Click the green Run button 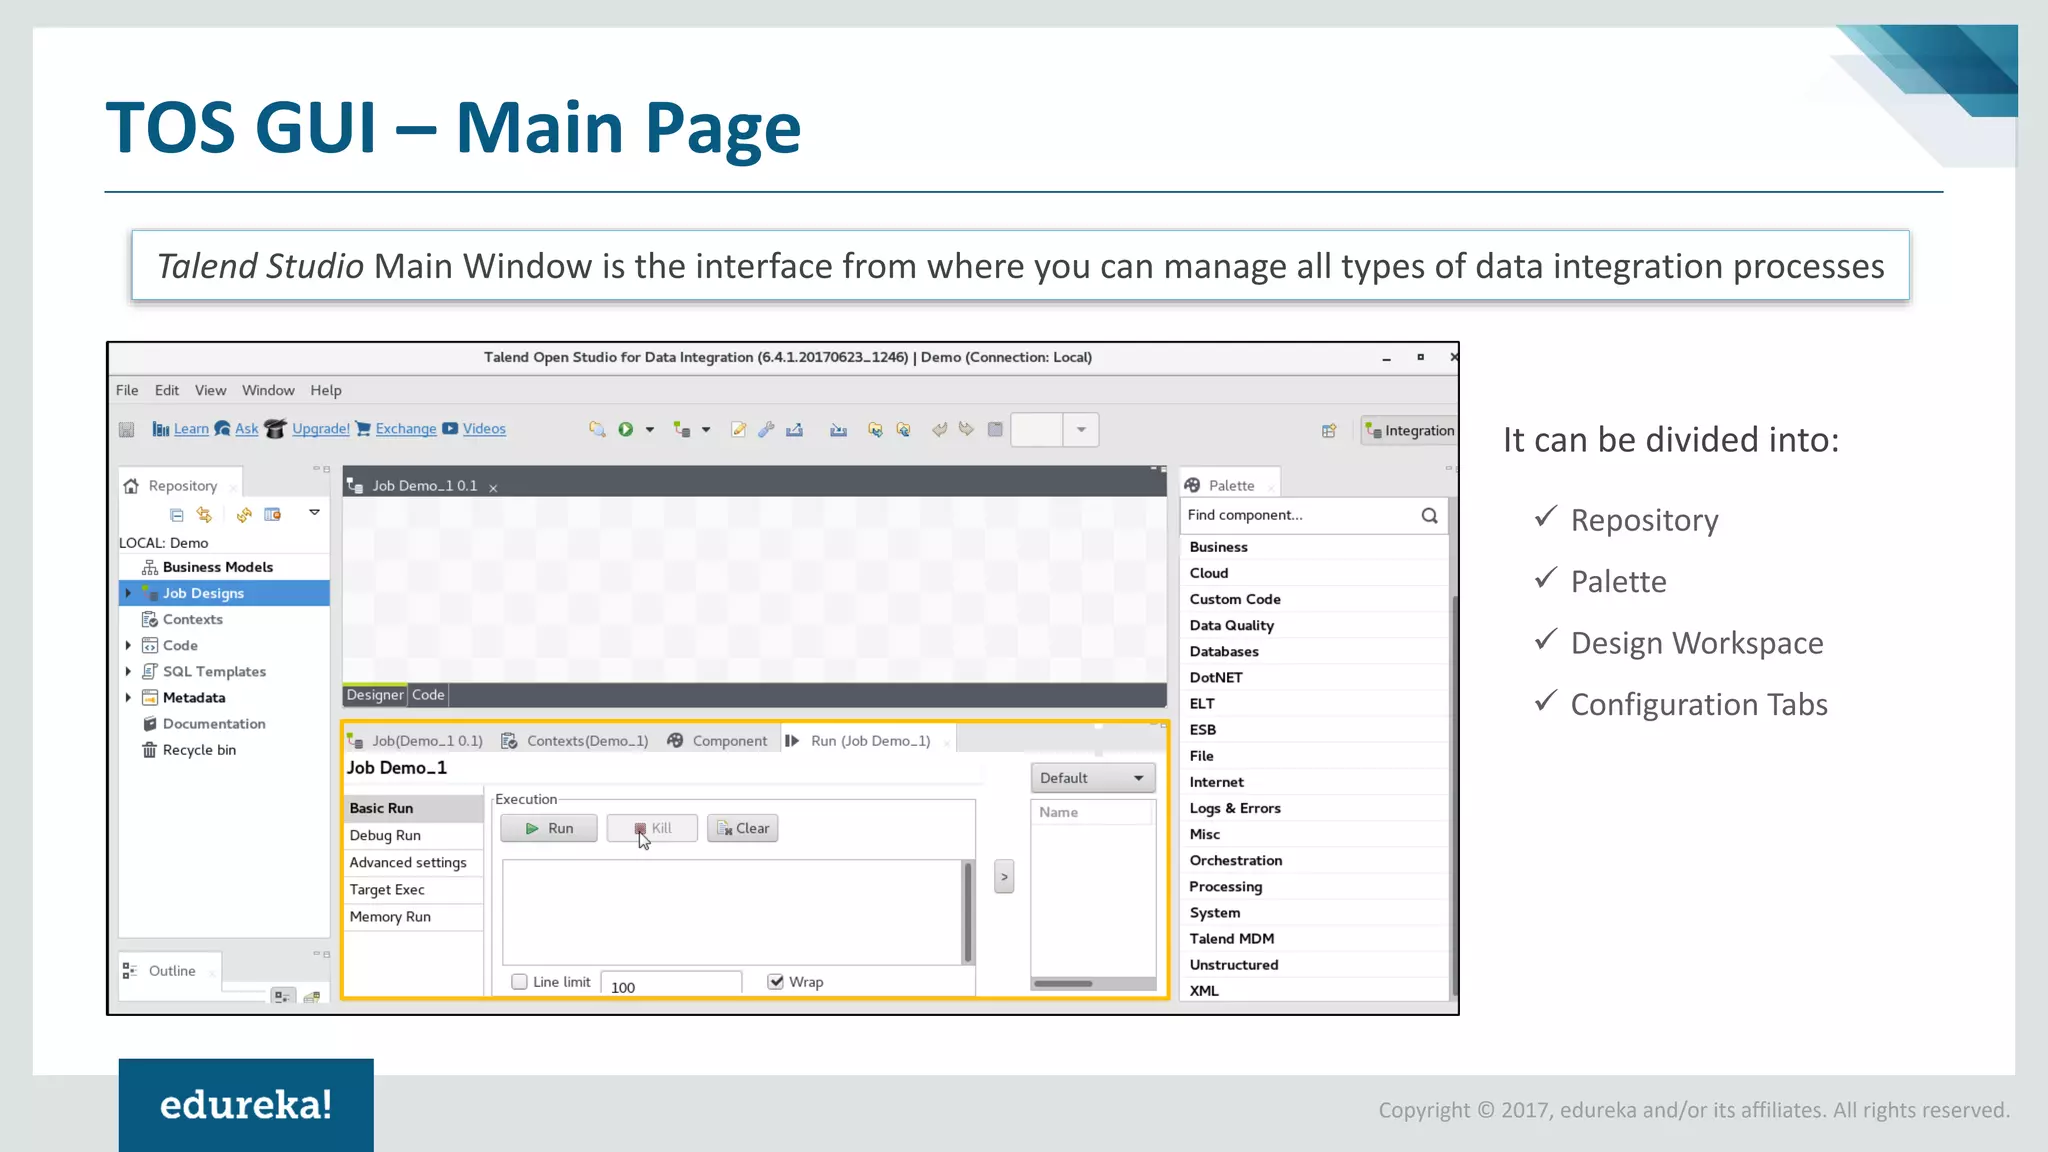point(549,828)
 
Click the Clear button point(742,828)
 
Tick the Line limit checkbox point(520,982)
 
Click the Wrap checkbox point(776,982)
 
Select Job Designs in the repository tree point(203,593)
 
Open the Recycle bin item point(199,750)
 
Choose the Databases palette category point(1224,651)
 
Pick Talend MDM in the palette point(1232,939)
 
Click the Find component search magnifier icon point(1429,515)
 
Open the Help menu point(325,390)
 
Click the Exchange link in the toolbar point(406,429)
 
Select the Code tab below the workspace point(428,695)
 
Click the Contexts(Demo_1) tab point(587,741)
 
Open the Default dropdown point(1092,778)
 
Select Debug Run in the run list point(385,835)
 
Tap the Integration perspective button point(1410,431)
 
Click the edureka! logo point(246,1105)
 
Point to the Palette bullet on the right point(1618,582)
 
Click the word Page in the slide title point(722,128)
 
